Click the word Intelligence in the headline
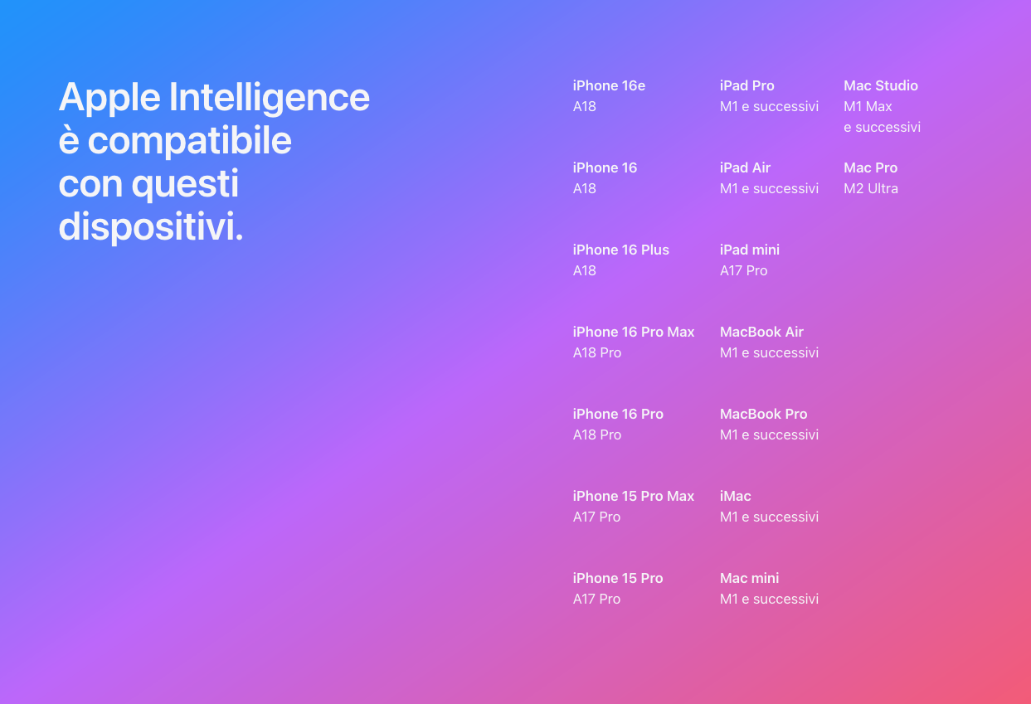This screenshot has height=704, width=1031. pos(270,98)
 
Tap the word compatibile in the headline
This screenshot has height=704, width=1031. pos(189,141)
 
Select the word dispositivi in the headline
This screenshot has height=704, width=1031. pos(150,226)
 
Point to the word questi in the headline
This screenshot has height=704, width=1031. pos(185,184)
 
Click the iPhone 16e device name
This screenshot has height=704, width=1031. pos(609,85)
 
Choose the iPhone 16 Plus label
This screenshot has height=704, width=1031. pos(621,250)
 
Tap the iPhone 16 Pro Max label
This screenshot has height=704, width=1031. pos(634,332)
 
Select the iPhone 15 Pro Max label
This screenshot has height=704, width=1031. pos(634,496)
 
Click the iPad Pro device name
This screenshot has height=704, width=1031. pos(747,85)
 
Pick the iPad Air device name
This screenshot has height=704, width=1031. pos(745,168)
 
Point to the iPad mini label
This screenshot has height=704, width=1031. pos(750,250)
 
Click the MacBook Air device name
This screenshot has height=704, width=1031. pos(761,332)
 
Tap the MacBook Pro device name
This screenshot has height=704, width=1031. pos(764,414)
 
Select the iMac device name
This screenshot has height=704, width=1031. pos(736,496)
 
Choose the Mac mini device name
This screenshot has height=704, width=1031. pos(749,578)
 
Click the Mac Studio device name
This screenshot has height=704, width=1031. pos(881,85)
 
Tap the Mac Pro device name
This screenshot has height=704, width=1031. pos(871,168)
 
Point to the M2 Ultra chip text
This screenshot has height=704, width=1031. pos(871,189)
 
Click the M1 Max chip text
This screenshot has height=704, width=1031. pos(868,106)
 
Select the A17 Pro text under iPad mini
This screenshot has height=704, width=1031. pos(744,270)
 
